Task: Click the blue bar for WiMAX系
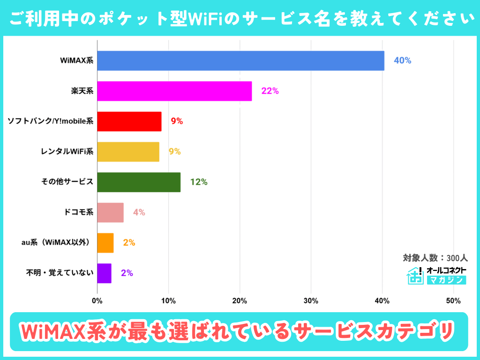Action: (240, 61)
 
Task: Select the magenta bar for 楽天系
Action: (174, 91)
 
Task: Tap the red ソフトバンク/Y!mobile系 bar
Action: (129, 121)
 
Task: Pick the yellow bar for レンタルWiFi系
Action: (128, 152)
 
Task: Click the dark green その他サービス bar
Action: (139, 182)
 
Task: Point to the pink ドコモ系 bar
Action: (110, 212)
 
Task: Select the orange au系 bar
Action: (105, 243)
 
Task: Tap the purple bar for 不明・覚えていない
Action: (104, 273)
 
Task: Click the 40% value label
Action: (402, 61)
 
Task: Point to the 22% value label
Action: (270, 91)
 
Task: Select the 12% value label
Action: (199, 182)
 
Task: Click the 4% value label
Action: (139, 212)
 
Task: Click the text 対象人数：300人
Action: (435, 258)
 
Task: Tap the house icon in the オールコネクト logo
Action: (414, 276)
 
